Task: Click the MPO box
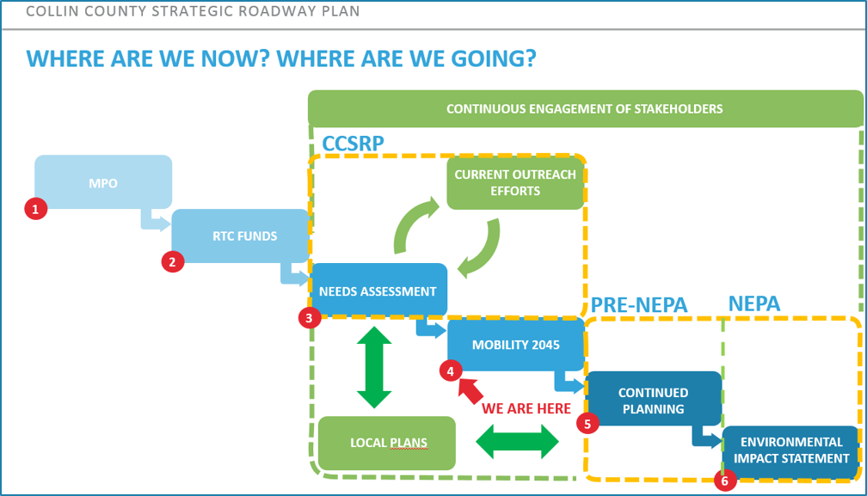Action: tap(103, 182)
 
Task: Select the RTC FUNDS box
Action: tap(241, 235)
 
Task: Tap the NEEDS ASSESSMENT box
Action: tap(378, 291)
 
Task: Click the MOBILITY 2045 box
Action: tap(515, 345)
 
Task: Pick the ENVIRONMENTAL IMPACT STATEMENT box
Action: tap(790, 450)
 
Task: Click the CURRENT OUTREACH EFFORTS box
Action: tap(515, 182)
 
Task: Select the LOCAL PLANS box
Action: tap(387, 444)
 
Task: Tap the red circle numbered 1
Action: tap(35, 208)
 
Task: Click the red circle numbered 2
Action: tap(174, 261)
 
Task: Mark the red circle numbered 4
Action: tap(449, 370)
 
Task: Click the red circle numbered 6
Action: tap(725, 481)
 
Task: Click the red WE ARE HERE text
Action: tap(526, 408)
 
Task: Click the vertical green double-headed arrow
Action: tap(374, 367)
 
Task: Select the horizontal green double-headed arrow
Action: tap(517, 443)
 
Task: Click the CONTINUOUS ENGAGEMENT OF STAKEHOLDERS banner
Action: tap(585, 109)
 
